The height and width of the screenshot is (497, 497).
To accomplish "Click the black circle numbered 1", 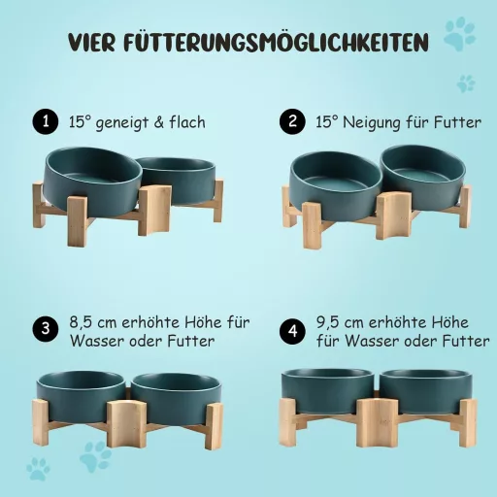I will click(x=42, y=123).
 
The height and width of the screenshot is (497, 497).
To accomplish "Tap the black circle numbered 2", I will click(x=290, y=123).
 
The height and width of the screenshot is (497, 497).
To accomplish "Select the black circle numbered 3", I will click(x=43, y=329).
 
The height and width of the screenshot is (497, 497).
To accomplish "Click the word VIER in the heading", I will click(x=95, y=42).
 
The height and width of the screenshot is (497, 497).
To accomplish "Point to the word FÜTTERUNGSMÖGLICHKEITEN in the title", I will click(x=282, y=42).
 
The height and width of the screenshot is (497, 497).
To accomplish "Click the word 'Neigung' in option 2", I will click(x=373, y=123).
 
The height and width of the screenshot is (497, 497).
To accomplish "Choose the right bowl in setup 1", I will click(x=177, y=175).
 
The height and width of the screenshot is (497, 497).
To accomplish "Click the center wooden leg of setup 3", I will click(x=123, y=422).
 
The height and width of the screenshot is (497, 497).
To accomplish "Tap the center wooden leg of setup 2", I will click(x=393, y=215).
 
